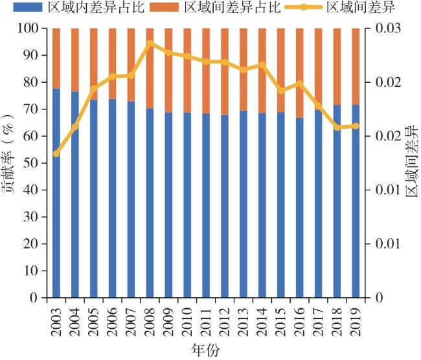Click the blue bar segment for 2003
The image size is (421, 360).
(56, 194)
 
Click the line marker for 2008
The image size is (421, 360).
(150, 43)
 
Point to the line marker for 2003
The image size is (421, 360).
(56, 153)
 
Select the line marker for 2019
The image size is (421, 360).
(356, 126)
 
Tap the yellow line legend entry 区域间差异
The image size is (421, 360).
(350, 8)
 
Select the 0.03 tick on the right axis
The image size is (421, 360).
(387, 29)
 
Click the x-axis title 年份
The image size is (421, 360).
(207, 350)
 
